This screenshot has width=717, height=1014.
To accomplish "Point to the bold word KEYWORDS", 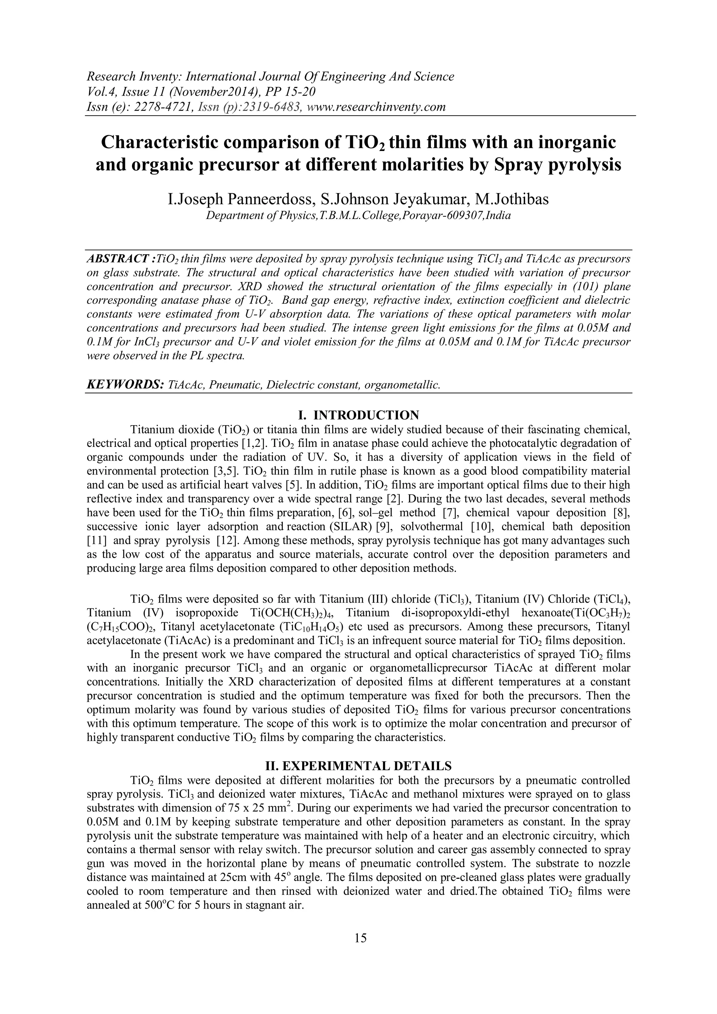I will pyautogui.click(x=125, y=385).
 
